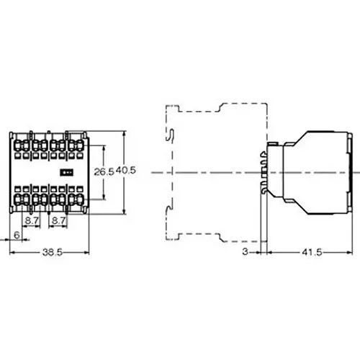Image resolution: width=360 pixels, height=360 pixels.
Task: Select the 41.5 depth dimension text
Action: click(312, 252)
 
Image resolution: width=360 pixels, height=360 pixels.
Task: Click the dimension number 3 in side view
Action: click(246, 252)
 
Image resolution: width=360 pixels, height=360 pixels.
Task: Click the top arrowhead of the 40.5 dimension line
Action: click(125, 132)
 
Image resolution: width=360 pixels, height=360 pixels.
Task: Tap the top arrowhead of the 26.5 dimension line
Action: click(105, 148)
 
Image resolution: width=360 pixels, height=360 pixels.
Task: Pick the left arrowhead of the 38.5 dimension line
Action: click(12, 252)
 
